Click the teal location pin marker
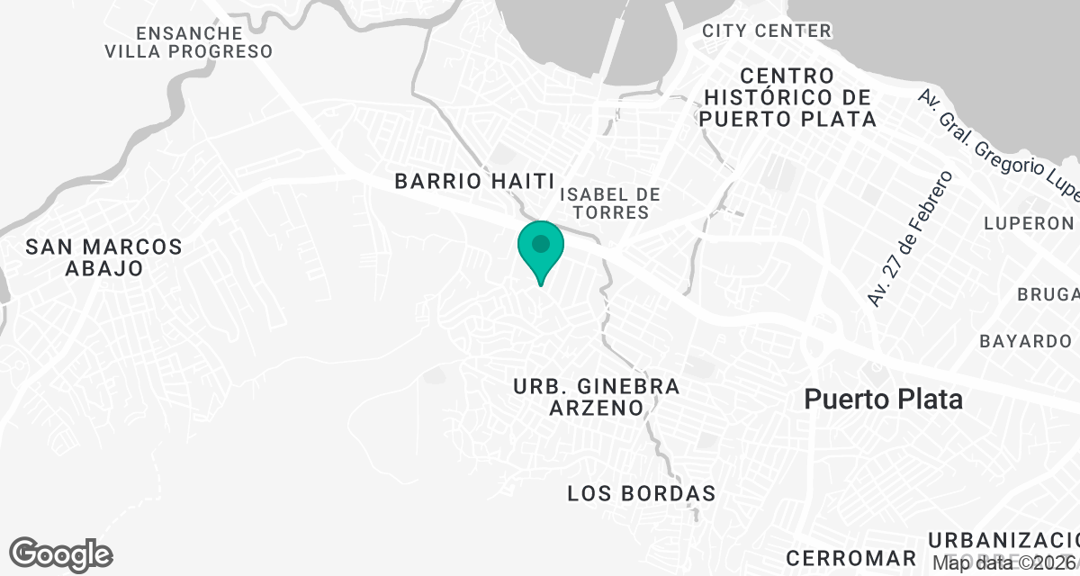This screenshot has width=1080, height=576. [x=540, y=252]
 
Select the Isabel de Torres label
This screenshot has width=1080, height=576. [x=609, y=203]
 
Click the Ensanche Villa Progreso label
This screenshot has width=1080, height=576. [x=188, y=41]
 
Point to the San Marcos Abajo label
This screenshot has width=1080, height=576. [x=103, y=257]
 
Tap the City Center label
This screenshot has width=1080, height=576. [x=767, y=31]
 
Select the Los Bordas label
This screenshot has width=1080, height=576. [x=642, y=493]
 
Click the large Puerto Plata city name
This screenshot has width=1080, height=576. [x=883, y=399]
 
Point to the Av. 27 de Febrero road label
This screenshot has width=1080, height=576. [x=909, y=238]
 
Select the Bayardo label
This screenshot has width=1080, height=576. [x=1025, y=341]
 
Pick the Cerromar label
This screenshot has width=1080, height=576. [x=850, y=557]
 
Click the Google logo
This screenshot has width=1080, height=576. [x=61, y=554]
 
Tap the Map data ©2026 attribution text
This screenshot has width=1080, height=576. [x=1003, y=563]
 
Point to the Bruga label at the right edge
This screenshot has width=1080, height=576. [x=1048, y=294]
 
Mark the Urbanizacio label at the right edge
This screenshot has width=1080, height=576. [x=1003, y=539]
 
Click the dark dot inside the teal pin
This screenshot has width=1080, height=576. [x=540, y=244]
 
